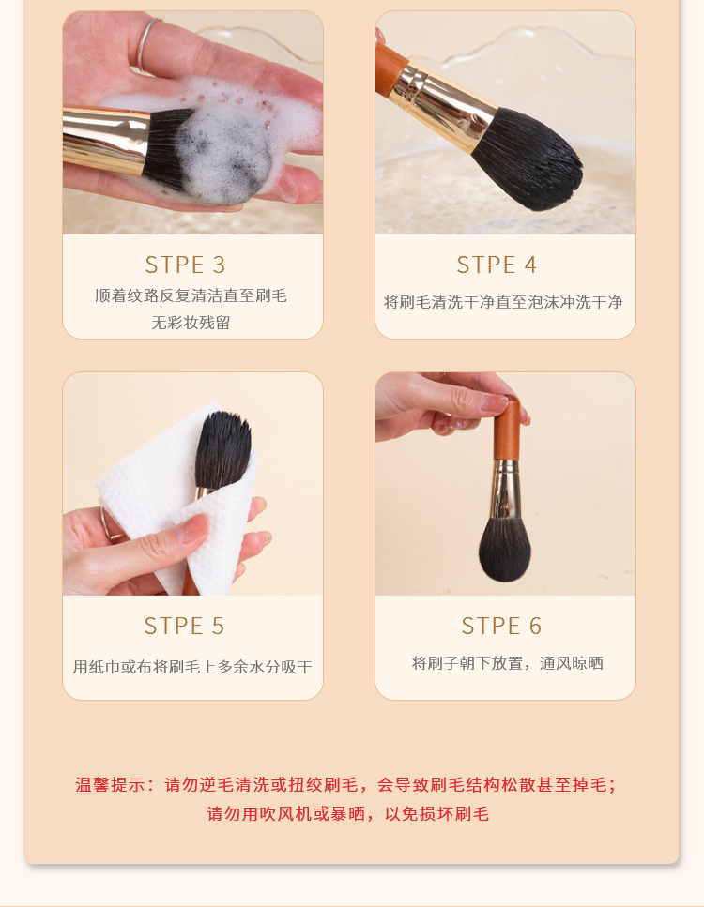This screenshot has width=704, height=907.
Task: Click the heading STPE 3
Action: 185,265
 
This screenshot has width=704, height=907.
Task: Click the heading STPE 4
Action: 497,265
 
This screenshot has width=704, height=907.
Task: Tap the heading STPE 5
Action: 184,626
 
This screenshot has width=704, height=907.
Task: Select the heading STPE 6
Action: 501,626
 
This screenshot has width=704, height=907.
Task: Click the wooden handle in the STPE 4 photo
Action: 390,66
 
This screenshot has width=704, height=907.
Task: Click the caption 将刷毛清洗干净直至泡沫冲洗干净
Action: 503,302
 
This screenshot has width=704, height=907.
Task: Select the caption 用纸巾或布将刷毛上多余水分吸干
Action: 192,667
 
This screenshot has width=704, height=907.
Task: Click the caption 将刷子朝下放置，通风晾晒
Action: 507,663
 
